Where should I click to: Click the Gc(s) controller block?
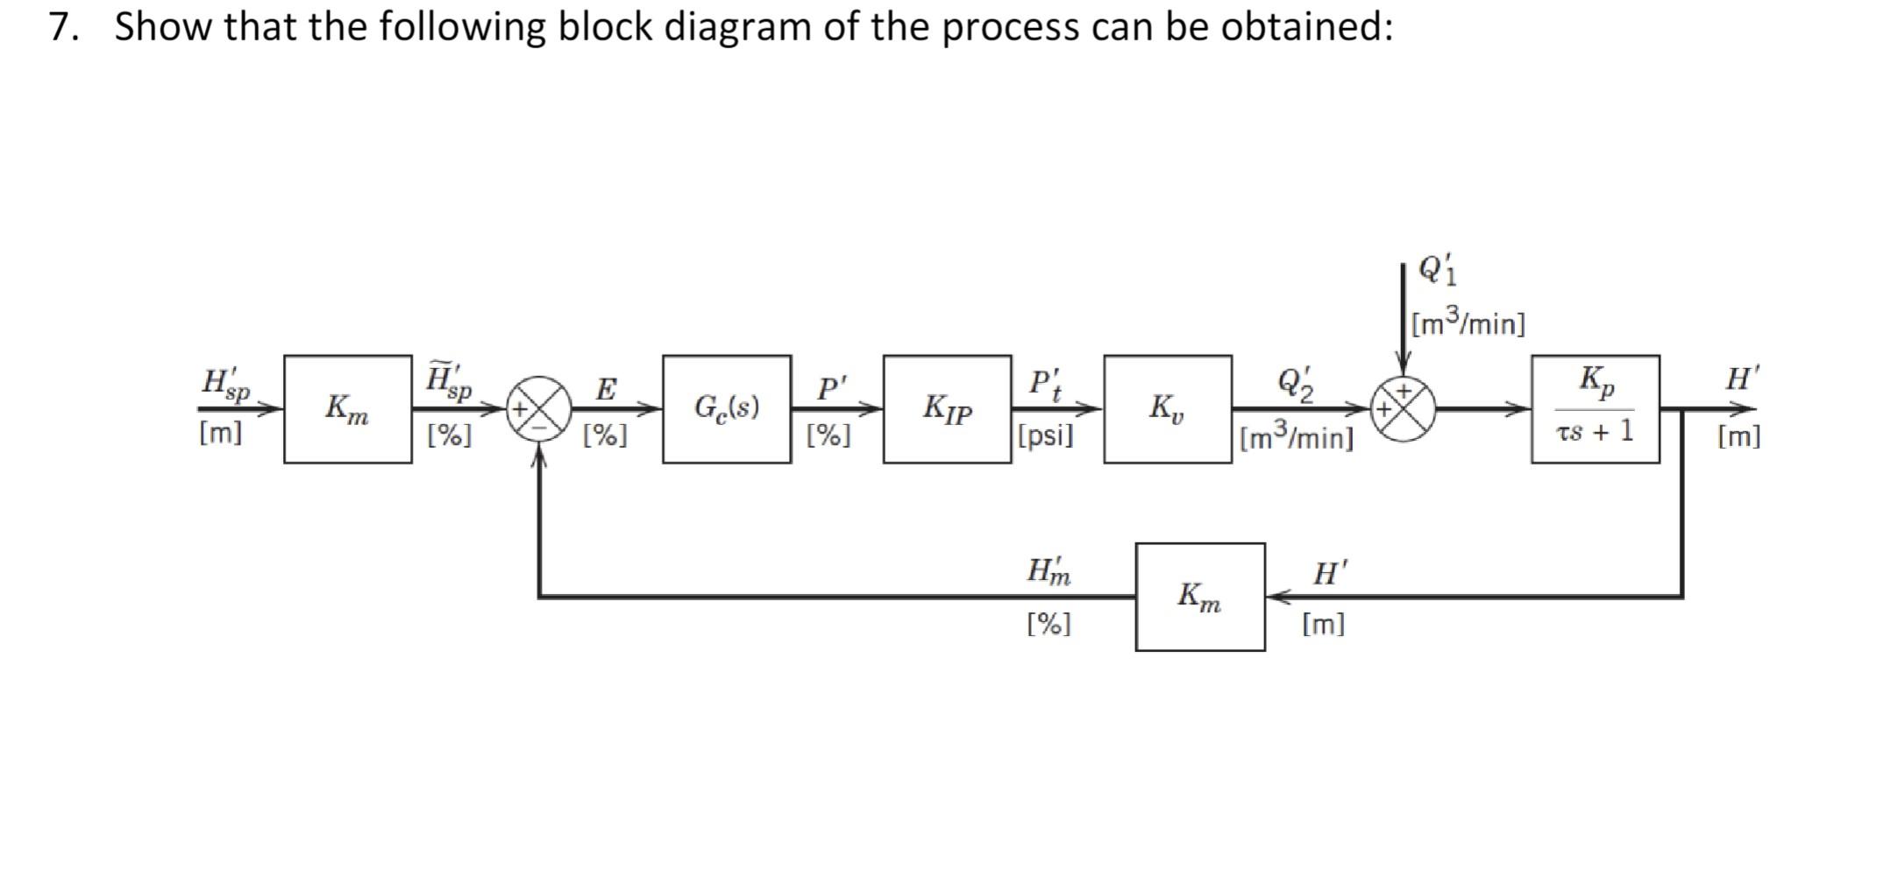[726, 408]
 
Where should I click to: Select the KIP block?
[947, 408]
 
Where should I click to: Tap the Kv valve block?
[1167, 408]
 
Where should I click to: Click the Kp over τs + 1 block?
[1595, 408]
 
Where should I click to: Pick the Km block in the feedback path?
[1199, 597]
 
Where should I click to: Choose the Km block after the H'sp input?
[347, 408]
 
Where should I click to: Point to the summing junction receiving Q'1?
[1404, 408]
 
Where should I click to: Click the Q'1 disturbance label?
[1437, 270]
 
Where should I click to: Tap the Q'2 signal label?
[1295, 383]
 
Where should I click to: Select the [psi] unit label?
[1045, 435]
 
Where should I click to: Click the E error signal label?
[606, 388]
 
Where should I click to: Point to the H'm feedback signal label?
[1049, 571]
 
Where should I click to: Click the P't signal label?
[1045, 384]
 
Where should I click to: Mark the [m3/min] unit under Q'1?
[1468, 323]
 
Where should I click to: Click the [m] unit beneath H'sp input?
[220, 433]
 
